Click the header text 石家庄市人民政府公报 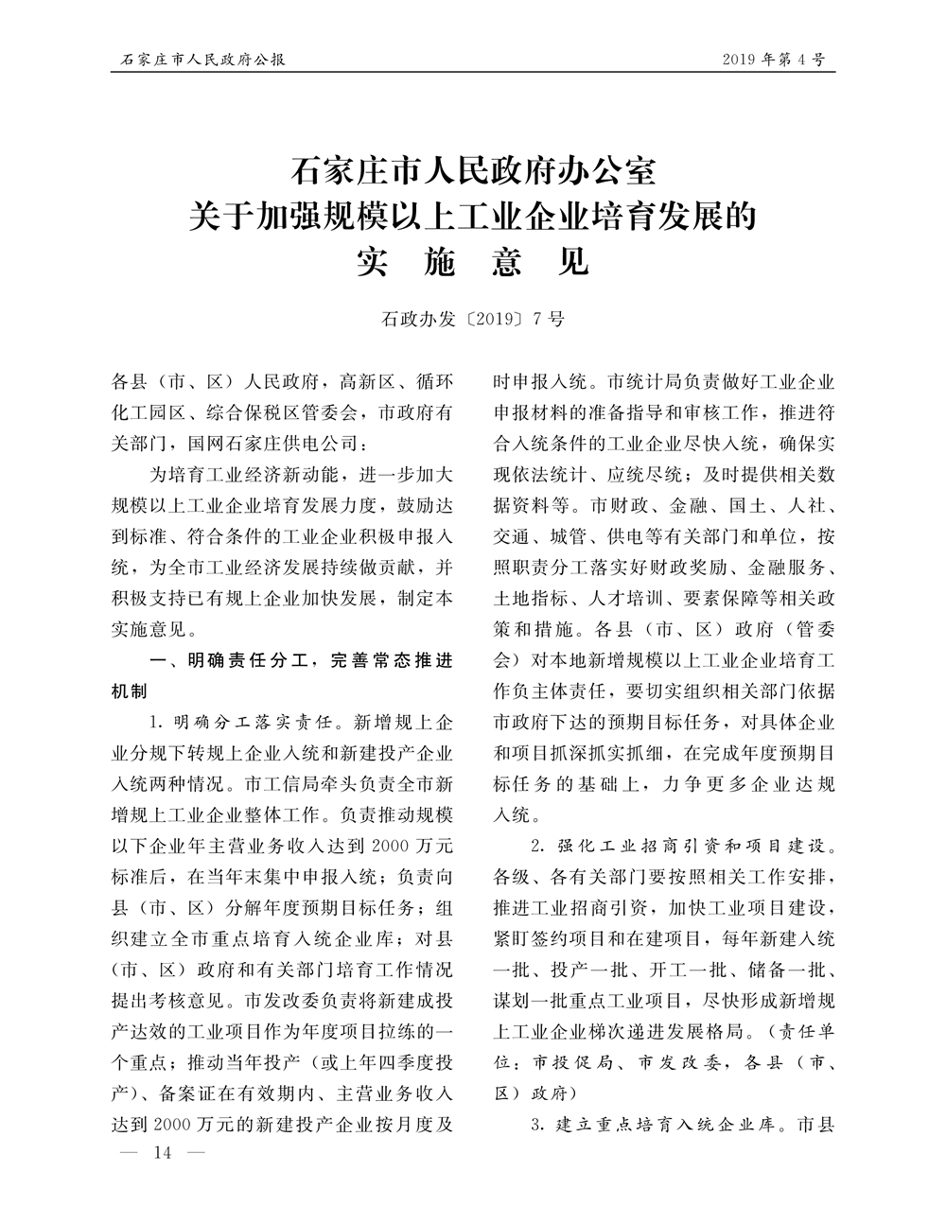pos(199,60)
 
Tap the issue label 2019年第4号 pos(773,60)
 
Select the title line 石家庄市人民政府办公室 pos(472,174)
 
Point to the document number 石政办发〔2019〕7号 pos(472,319)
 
